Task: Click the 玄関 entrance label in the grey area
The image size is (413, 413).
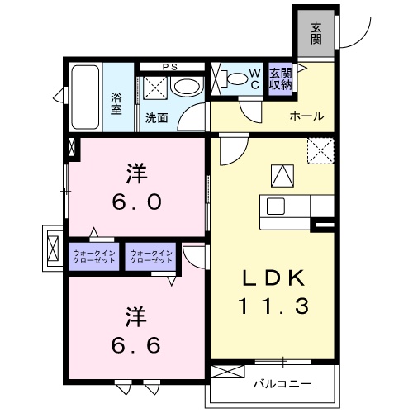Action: (316, 33)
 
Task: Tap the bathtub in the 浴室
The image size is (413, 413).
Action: (85, 97)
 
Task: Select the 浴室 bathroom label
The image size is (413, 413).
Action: (116, 103)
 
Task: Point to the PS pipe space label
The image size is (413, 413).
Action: (169, 67)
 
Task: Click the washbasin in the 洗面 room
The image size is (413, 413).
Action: (187, 87)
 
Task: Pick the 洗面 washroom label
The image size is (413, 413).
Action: (157, 118)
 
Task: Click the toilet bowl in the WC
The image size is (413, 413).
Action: (235, 78)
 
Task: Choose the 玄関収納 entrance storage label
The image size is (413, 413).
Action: (280, 79)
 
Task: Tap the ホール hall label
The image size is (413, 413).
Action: (306, 116)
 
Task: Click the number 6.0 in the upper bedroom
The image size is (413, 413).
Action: (137, 202)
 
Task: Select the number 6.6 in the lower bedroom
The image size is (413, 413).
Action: (136, 345)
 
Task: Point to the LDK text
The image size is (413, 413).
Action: (273, 278)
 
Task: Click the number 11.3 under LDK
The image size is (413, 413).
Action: (274, 306)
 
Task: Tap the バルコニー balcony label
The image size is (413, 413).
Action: (282, 383)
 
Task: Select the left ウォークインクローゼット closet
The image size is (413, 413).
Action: (93, 257)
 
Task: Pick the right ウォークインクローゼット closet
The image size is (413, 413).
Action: (150, 257)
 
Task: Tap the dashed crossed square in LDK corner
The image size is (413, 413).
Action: (320, 151)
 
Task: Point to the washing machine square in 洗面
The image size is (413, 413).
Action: (155, 88)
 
